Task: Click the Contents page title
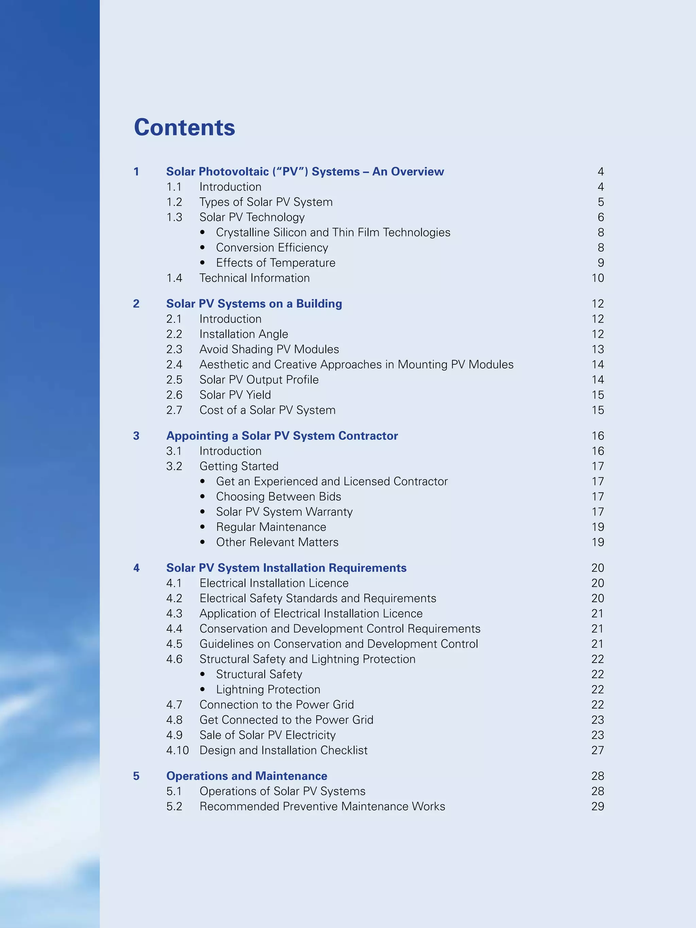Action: [x=184, y=127]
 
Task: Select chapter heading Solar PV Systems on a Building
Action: [x=254, y=303]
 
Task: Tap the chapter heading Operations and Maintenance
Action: [x=247, y=776]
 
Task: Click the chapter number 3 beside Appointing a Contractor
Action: [x=136, y=436]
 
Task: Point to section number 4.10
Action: [x=177, y=750]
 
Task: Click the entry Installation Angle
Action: [x=243, y=334]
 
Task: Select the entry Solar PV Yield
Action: [x=235, y=395]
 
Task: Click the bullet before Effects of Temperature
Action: [x=203, y=263]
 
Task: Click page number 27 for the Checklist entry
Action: [x=597, y=750]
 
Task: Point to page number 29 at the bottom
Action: [x=597, y=806]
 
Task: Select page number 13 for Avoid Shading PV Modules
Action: [x=597, y=349]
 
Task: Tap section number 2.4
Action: [x=174, y=364]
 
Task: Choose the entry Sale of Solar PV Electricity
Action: [x=267, y=735]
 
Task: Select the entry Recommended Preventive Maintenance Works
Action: [x=322, y=806]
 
